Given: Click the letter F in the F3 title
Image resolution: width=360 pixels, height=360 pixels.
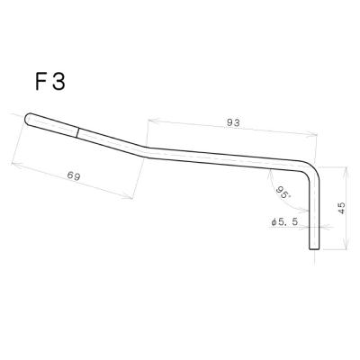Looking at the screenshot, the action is tap(41, 82).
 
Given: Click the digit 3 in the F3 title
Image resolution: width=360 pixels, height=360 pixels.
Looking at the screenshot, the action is tap(58, 82).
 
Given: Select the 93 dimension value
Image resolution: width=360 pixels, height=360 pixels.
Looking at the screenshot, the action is tap(233, 122).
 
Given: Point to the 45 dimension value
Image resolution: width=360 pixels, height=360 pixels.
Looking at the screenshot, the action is tap(341, 208).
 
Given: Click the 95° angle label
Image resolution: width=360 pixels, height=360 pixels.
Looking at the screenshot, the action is tap(283, 192).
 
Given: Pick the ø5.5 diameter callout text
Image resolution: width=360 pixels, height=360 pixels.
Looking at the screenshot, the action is tap(284, 222).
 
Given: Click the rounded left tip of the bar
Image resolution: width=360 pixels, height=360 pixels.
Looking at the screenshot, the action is tap(28, 118).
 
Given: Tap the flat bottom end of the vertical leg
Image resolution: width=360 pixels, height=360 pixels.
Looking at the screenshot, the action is tap(314, 248).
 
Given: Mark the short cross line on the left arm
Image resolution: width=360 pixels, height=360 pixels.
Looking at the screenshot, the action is tap(78, 132).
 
